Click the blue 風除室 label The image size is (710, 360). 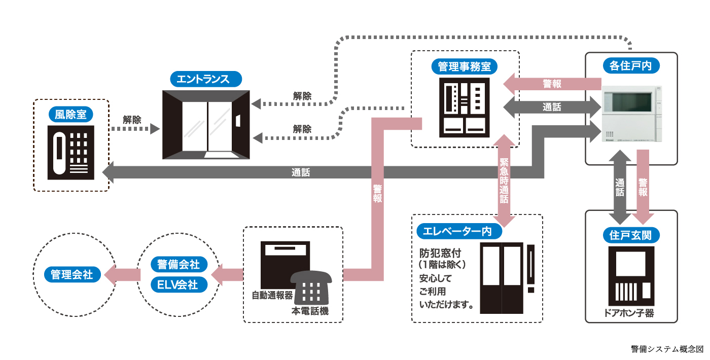[71, 115]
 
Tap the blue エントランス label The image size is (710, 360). [206, 79]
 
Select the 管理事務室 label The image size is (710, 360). [465, 66]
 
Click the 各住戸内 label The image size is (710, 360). [631, 65]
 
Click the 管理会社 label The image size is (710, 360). [72, 274]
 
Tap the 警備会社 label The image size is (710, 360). [179, 265]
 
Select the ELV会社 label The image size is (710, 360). [179, 284]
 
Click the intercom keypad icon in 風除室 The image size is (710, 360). [71, 153]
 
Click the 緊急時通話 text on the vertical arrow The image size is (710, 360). [504, 181]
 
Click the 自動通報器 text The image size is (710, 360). [272, 295]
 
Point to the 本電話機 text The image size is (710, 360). [309, 311]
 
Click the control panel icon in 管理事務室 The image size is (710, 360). [465, 107]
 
